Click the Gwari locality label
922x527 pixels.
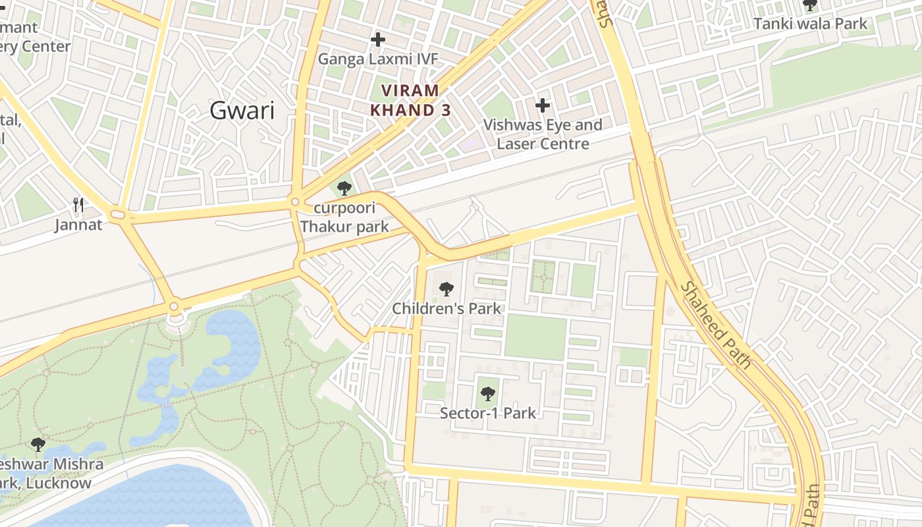point(242,111)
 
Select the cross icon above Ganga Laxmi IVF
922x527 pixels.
point(377,40)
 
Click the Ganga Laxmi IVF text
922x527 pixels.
point(377,59)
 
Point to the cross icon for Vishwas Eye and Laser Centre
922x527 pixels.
point(542,105)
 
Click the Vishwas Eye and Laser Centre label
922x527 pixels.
point(543,134)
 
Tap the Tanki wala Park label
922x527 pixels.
point(810,24)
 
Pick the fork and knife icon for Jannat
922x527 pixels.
point(78,205)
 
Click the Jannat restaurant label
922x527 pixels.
point(78,225)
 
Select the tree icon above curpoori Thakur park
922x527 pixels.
point(344,188)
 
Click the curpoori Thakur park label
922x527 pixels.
point(344,218)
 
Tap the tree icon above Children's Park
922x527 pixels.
point(446,289)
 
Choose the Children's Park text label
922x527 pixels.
point(447,308)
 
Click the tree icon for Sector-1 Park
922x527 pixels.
point(487,394)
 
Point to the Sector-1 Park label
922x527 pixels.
point(487,414)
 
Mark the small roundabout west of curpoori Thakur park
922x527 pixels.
point(294,202)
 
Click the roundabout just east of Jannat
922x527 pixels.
point(118,214)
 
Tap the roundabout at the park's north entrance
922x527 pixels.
point(174,306)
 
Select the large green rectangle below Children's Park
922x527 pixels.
point(535,337)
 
